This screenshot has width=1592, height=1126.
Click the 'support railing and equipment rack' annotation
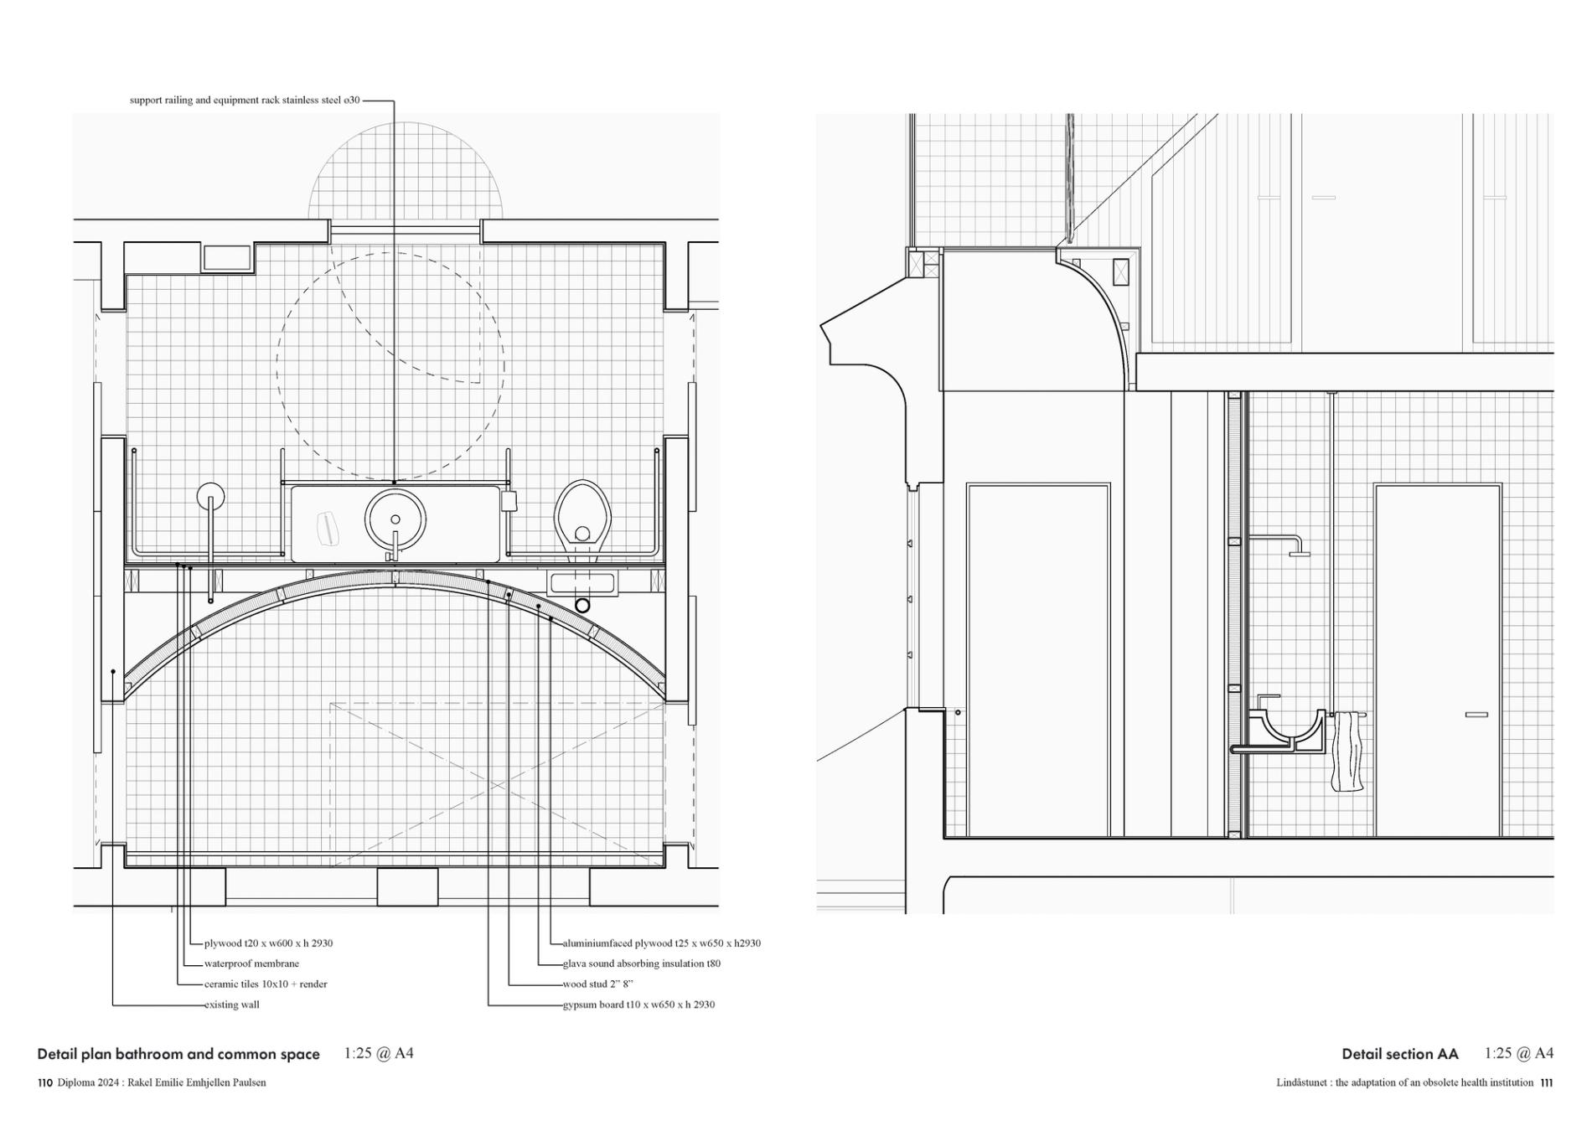(245, 101)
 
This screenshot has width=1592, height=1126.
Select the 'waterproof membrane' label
(251, 963)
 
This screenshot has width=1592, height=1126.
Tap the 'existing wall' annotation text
(232, 1005)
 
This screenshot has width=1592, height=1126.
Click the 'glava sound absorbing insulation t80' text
(641, 963)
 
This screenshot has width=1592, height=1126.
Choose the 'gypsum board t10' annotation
(638, 1005)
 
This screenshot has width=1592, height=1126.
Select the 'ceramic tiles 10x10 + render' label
(266, 984)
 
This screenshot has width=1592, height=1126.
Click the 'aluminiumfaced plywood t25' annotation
(661, 943)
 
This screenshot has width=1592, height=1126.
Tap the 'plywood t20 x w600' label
(268, 943)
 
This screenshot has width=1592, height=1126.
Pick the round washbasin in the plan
(395, 518)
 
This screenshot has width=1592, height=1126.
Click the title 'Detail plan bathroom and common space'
(178, 1054)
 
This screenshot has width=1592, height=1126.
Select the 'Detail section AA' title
(1399, 1054)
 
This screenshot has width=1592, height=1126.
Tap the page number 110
(45, 1082)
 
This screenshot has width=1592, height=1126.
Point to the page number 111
(1546, 1082)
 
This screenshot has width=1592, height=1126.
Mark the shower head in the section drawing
(1299, 553)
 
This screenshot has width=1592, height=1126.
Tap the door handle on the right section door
(1476, 715)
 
